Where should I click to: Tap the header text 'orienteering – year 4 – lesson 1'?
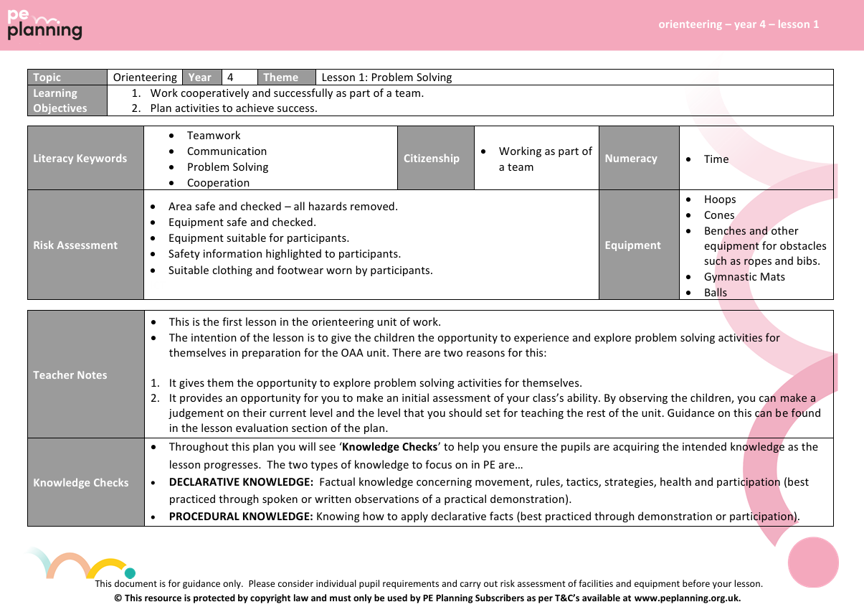(739, 24)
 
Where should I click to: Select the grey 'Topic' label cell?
(67, 77)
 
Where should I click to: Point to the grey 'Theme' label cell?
(287, 77)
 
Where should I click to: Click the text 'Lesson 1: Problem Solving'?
(387, 77)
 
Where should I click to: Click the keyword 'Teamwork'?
(214, 136)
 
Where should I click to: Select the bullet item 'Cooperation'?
(218, 183)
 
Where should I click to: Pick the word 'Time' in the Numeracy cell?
(716, 159)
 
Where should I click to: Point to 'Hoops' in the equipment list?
(720, 199)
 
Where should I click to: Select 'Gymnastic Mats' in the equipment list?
(744, 277)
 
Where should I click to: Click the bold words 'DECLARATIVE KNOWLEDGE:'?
(241, 482)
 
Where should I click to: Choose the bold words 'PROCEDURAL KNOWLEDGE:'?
(241, 516)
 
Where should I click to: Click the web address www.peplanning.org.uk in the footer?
(687, 598)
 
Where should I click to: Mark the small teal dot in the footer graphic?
(130, 573)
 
